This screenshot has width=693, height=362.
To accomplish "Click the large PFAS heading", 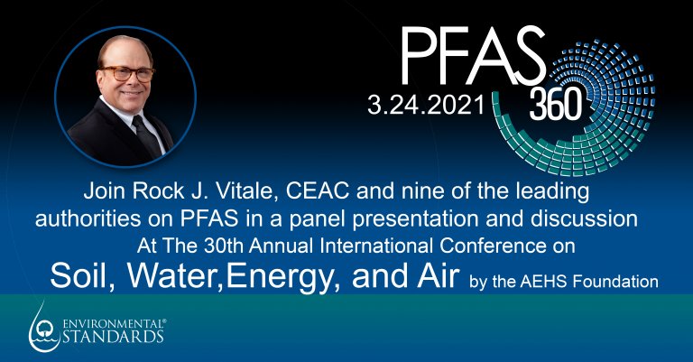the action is [473, 56].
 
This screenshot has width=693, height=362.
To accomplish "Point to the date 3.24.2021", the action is [427, 106].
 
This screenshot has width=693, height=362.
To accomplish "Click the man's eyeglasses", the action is [126, 74].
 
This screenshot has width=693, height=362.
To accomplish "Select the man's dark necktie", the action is [147, 135].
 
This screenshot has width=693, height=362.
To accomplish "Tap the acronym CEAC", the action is [318, 191].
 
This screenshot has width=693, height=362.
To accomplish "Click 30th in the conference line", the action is [223, 246].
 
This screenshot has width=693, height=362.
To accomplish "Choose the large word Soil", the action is [82, 276].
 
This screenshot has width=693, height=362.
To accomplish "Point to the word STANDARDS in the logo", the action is [113, 336].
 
